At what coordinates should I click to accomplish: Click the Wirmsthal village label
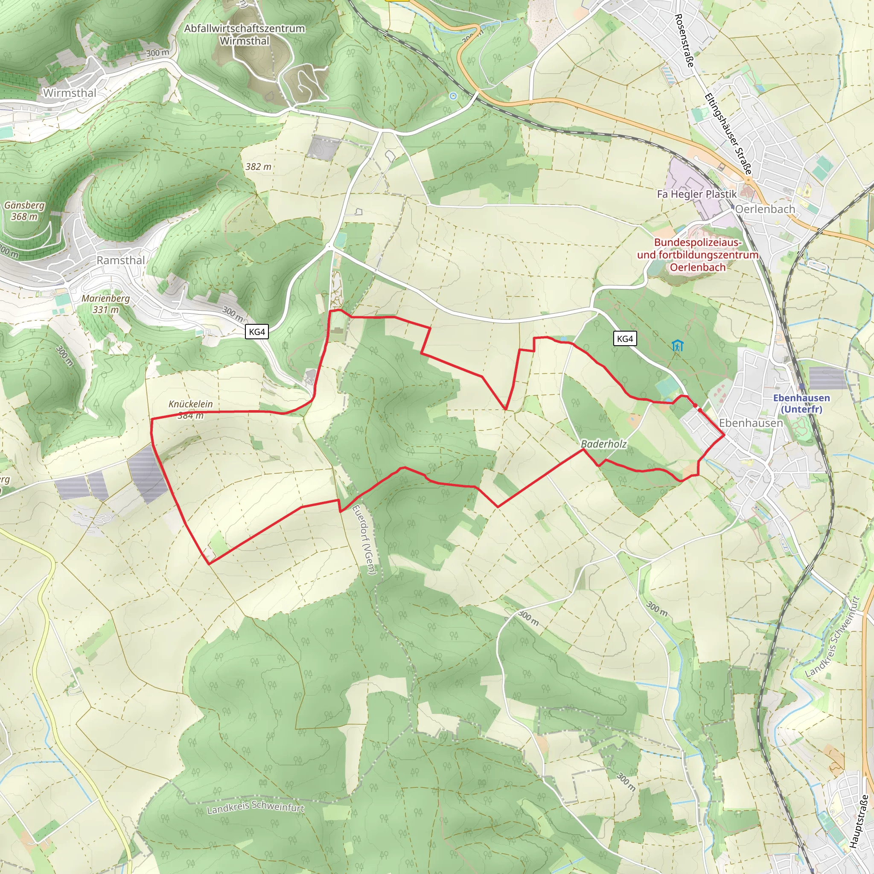pos(70,93)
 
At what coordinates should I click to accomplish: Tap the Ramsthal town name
pos(121,260)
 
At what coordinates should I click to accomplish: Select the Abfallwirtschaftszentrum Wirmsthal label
pos(244,35)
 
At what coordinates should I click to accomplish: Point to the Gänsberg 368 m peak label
pos(24,211)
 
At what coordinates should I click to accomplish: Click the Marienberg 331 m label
pos(105,304)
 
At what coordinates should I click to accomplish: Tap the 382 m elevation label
pos(258,166)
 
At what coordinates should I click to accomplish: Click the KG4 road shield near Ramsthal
pos(257,332)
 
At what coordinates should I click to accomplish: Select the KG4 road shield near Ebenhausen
pos(625,338)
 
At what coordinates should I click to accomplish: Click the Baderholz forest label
pos(603,444)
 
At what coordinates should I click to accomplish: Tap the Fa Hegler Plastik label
pos(696,194)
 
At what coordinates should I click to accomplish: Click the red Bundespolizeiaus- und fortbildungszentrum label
pos(698,255)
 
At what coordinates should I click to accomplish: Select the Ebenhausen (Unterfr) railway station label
pos(801,403)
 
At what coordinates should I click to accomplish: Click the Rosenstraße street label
pos(684,41)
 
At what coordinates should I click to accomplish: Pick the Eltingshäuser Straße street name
pos(728,134)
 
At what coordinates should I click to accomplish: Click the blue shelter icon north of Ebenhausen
pos(677,346)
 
